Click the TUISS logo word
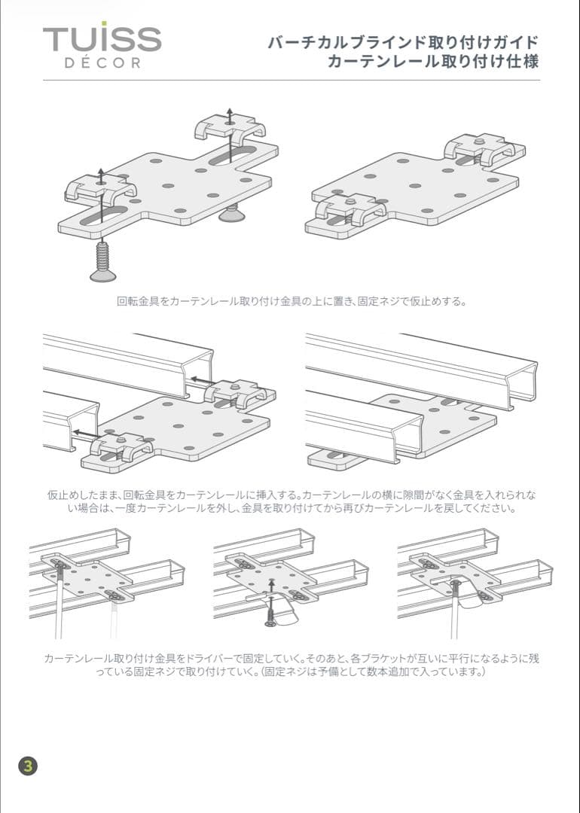tap(102, 38)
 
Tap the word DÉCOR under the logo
tap(102, 63)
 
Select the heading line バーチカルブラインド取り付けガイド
tap(403, 42)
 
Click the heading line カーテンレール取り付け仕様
tap(433, 62)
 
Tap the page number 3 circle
tap(28, 766)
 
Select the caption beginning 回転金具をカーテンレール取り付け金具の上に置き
tap(292, 302)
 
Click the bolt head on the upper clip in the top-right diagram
tap(479, 140)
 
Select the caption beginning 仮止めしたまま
tap(292, 501)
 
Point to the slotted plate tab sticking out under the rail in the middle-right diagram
tap(331, 457)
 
